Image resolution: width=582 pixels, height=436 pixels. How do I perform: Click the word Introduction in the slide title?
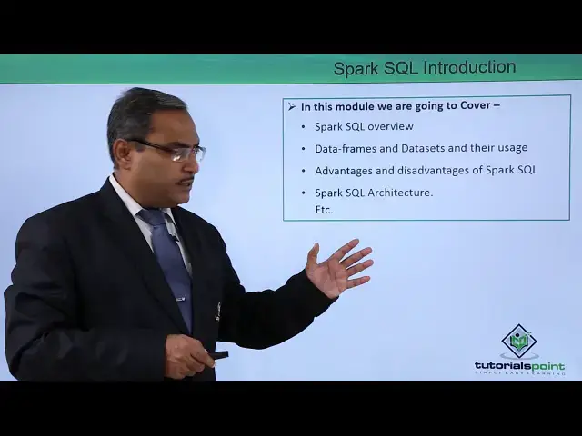pyautogui.click(x=469, y=67)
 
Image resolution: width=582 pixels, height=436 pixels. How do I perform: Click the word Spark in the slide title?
pyautogui.click(x=353, y=68)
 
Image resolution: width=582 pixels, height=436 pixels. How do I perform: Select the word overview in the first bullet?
pyautogui.click(x=391, y=126)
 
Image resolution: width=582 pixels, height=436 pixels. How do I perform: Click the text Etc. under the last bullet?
pyautogui.click(x=324, y=210)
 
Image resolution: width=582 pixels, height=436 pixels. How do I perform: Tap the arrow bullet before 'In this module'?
pyautogui.click(x=292, y=106)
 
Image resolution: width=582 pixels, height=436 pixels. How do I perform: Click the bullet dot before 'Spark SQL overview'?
pyautogui.click(x=303, y=127)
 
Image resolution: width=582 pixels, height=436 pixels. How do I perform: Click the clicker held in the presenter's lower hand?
pyautogui.click(x=217, y=354)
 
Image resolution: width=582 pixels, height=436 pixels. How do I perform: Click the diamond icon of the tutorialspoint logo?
pyautogui.click(x=519, y=342)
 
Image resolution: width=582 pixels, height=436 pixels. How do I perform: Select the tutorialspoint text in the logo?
pyautogui.click(x=519, y=365)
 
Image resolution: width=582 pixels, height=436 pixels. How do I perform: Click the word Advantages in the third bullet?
pyautogui.click(x=346, y=170)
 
